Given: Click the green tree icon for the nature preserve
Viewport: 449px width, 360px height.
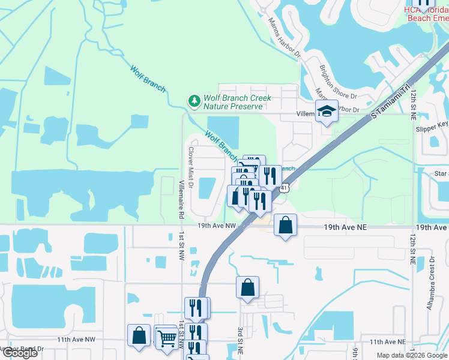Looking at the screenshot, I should pos(194,101).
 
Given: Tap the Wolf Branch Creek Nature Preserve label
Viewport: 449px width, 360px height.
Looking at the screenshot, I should pos(237,102).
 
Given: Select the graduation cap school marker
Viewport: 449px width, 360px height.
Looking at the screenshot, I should pos(326,112).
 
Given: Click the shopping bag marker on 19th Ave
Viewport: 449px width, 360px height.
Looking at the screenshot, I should pos(286,226).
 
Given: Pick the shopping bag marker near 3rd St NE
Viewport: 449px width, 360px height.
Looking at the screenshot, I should pos(247,288).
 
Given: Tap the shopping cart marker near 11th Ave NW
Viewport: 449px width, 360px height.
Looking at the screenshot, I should pos(166,337).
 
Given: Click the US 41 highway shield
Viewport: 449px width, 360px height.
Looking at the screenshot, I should pos(285,188).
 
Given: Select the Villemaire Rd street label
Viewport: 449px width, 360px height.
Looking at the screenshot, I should pos(180,199).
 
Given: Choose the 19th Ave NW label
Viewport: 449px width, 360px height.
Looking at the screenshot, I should pos(216,226).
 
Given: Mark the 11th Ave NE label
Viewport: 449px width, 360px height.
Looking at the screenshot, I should pos(388,341).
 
